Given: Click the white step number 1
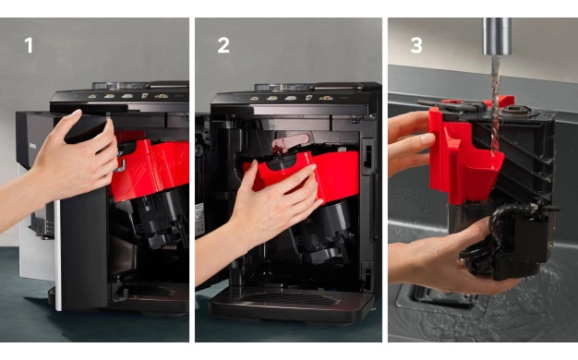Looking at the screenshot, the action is (29, 45).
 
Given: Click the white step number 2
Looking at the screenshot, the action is (223, 45).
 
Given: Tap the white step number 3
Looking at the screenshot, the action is (416, 45).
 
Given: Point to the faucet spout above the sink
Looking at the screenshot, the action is (498, 36).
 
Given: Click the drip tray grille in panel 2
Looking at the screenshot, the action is (289, 299).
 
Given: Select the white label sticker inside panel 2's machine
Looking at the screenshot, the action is (199, 220).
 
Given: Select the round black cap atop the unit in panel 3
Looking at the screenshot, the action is (515, 111).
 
